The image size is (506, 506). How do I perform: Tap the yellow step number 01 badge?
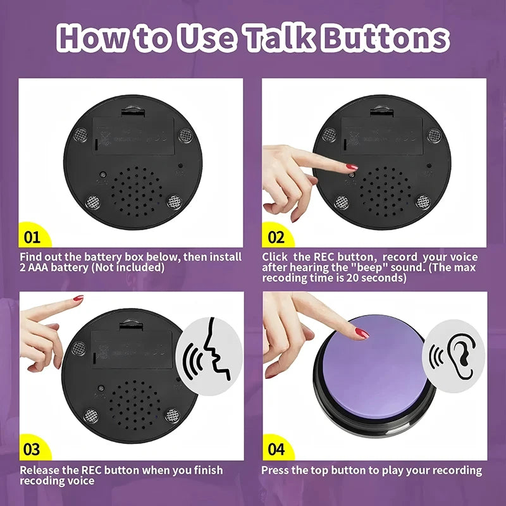pos(31,237)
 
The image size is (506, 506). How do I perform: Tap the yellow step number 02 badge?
pos(276,237)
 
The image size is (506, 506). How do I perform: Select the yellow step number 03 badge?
pos(31,450)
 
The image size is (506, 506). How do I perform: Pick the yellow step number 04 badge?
pos(276,450)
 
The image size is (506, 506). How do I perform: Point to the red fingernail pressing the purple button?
pos(361,332)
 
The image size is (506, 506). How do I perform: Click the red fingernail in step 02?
pos(351,167)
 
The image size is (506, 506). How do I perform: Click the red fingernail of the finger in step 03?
pos(78,298)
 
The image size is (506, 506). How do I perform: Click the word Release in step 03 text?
pos(40,470)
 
